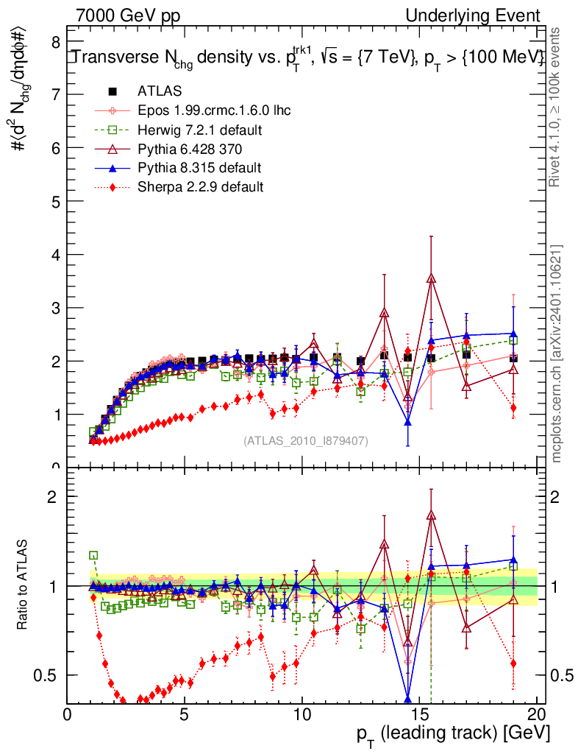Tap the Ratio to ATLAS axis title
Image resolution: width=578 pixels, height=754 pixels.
22,585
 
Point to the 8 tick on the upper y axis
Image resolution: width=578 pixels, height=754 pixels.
55,42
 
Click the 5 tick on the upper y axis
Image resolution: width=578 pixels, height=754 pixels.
55,201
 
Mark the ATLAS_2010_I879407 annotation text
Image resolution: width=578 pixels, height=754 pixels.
306,440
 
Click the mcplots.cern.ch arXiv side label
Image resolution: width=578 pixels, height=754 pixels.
557,353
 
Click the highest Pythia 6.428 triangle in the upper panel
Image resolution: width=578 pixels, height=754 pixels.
431,278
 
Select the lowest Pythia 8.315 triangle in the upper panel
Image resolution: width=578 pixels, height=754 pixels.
407,422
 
